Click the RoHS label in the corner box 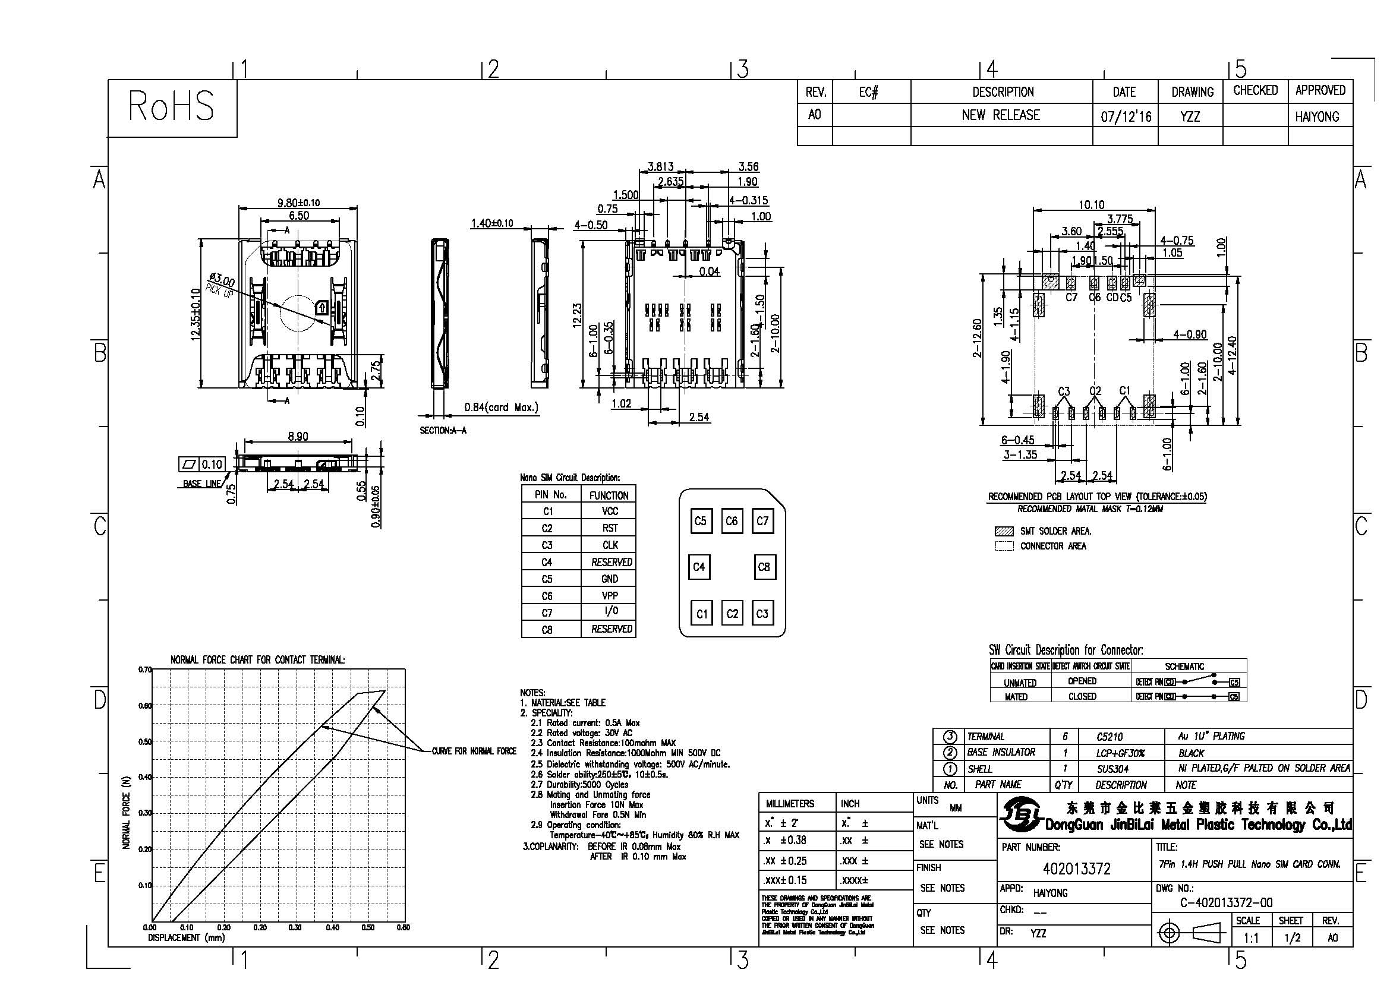[171, 106]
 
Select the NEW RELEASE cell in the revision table [1001, 115]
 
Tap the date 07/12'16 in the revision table [1126, 116]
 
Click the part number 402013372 [1076, 869]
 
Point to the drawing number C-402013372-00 [1226, 903]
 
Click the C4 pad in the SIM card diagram [699, 567]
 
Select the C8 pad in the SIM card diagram [764, 567]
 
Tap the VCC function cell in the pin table [610, 511]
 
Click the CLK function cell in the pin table [610, 545]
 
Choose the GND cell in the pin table [610, 579]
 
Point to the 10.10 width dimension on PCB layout [1091, 205]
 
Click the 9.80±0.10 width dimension [298, 203]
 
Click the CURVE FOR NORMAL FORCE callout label [474, 752]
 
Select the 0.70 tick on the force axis [144, 670]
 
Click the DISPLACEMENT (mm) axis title [186, 938]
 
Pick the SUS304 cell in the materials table [1110, 769]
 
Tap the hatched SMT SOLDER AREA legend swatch [1004, 531]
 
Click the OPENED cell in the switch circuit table [1082, 681]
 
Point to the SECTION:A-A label [443, 430]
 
